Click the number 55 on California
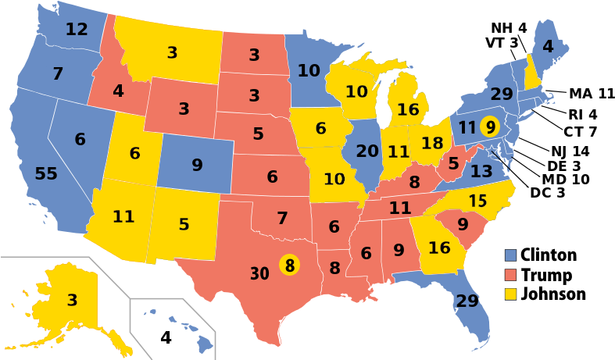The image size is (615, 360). pyautogui.click(x=46, y=174)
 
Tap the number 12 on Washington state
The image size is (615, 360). pyautogui.click(x=77, y=30)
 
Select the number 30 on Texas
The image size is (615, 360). pyautogui.click(x=260, y=274)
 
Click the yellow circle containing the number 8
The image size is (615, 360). pyautogui.click(x=289, y=266)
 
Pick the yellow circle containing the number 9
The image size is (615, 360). pyautogui.click(x=489, y=126)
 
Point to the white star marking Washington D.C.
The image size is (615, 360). pyautogui.click(x=492, y=150)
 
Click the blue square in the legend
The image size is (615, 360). pyautogui.click(x=510, y=255)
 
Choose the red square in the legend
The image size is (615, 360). pyautogui.click(x=510, y=275)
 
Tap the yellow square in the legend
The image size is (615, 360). pyautogui.click(x=510, y=294)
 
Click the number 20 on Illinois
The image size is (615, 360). pyautogui.click(x=367, y=151)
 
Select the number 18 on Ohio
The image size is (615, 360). pyautogui.click(x=432, y=144)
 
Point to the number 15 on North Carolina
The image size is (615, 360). pyautogui.click(x=478, y=201)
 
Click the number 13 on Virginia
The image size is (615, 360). pyautogui.click(x=481, y=171)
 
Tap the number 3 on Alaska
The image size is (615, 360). pyautogui.click(x=72, y=300)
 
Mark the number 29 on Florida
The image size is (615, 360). pyautogui.click(x=467, y=301)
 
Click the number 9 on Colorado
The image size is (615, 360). pyautogui.click(x=197, y=166)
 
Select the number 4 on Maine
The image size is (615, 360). pyautogui.click(x=548, y=47)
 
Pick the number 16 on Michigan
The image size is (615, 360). pyautogui.click(x=408, y=110)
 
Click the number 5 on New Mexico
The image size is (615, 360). pyautogui.click(x=184, y=225)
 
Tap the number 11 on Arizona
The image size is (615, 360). pyautogui.click(x=123, y=217)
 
